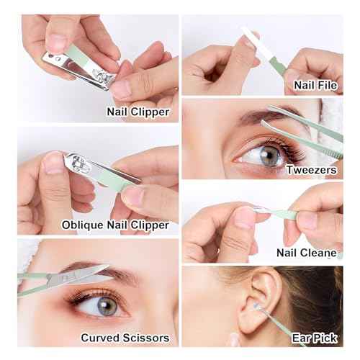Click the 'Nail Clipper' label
tap(138, 112)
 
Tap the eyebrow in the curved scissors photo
tap(108, 274)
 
